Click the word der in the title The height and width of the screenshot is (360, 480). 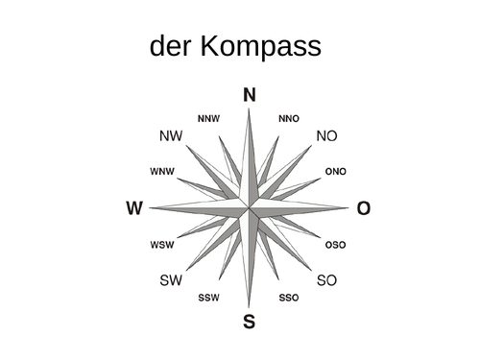point(173,48)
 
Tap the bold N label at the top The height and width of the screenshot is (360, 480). point(250,94)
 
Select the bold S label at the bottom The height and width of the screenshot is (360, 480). point(250,322)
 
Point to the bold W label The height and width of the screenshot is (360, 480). point(134,208)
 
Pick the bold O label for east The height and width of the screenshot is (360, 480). point(363,208)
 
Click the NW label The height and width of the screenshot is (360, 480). point(171,136)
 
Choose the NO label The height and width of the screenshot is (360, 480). point(327,136)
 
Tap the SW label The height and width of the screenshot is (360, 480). point(171,280)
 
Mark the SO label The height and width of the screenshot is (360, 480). point(327,280)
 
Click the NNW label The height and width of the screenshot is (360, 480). point(208,119)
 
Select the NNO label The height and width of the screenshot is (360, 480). point(289,119)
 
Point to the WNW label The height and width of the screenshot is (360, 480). point(162,172)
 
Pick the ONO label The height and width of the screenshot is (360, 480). point(336,172)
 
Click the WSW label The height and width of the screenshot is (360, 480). point(162,245)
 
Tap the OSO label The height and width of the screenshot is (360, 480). point(336,245)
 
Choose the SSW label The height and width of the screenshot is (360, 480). point(208,298)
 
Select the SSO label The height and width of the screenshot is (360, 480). point(289,298)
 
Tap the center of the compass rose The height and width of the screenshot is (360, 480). point(250,207)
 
